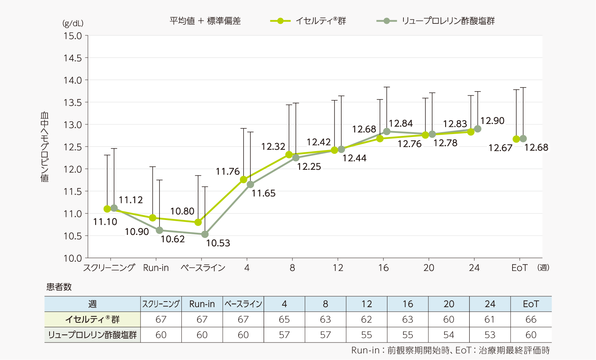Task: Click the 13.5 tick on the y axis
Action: (x=73, y=102)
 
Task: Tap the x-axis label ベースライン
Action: (x=203, y=268)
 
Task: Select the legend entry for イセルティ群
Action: (x=308, y=21)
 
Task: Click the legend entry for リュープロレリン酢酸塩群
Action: (x=436, y=21)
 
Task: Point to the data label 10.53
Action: (x=218, y=243)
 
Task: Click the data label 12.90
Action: (x=492, y=121)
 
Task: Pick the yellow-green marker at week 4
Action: (x=244, y=179)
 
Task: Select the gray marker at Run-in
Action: (x=159, y=230)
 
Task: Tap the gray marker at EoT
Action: (x=523, y=138)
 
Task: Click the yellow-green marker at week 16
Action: (x=380, y=138)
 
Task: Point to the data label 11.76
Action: (x=228, y=171)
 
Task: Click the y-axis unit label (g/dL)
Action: (x=73, y=23)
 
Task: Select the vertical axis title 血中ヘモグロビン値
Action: (x=44, y=147)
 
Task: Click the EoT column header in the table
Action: (x=531, y=304)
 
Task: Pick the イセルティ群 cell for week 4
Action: (x=284, y=319)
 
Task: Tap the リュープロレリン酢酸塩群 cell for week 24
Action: (x=490, y=335)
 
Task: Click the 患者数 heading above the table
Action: (x=59, y=287)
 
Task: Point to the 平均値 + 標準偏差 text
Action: (x=205, y=21)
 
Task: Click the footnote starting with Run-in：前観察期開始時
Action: (x=450, y=350)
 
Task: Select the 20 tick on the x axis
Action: (x=429, y=268)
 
